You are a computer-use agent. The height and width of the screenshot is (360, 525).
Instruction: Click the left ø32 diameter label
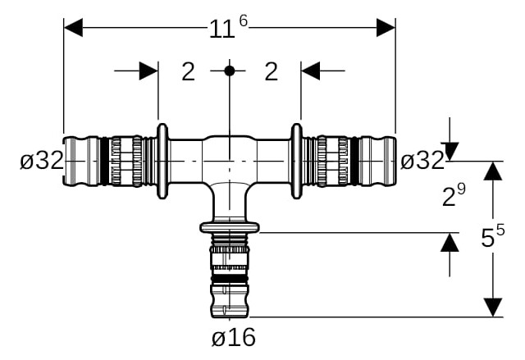[x=42, y=160]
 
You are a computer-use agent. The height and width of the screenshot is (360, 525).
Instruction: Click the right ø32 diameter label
[x=422, y=160]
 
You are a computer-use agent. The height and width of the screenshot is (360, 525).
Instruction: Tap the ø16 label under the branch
[x=234, y=337]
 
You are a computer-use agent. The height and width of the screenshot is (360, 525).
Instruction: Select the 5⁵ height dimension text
[x=492, y=236]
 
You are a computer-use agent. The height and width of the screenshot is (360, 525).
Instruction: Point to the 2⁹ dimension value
[x=454, y=195]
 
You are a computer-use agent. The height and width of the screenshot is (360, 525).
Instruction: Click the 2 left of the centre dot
[x=188, y=71]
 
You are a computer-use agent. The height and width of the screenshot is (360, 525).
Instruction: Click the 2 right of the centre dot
[x=272, y=71]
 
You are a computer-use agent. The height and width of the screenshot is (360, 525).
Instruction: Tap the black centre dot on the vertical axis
[x=230, y=71]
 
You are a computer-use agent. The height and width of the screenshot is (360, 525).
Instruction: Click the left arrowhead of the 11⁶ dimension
[x=73, y=27]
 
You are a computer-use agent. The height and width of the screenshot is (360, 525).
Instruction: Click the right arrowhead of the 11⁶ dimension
[x=386, y=27]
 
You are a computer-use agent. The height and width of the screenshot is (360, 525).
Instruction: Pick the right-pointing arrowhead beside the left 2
[x=148, y=71]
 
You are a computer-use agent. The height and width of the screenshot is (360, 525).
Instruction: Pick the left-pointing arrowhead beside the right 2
[x=310, y=71]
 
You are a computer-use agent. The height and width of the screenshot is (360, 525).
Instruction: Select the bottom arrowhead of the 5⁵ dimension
[x=493, y=308]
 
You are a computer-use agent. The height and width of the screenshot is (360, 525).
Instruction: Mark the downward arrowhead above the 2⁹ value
[x=450, y=152]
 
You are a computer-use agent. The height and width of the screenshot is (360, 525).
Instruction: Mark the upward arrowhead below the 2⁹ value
[x=450, y=242]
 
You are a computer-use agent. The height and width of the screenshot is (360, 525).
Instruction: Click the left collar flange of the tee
[x=162, y=162]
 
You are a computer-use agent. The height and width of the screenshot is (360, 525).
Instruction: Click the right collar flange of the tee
[x=297, y=162]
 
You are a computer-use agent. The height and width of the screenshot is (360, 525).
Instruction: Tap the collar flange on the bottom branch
[x=230, y=227]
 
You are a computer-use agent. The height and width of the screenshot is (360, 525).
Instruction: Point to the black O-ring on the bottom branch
[x=230, y=279]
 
